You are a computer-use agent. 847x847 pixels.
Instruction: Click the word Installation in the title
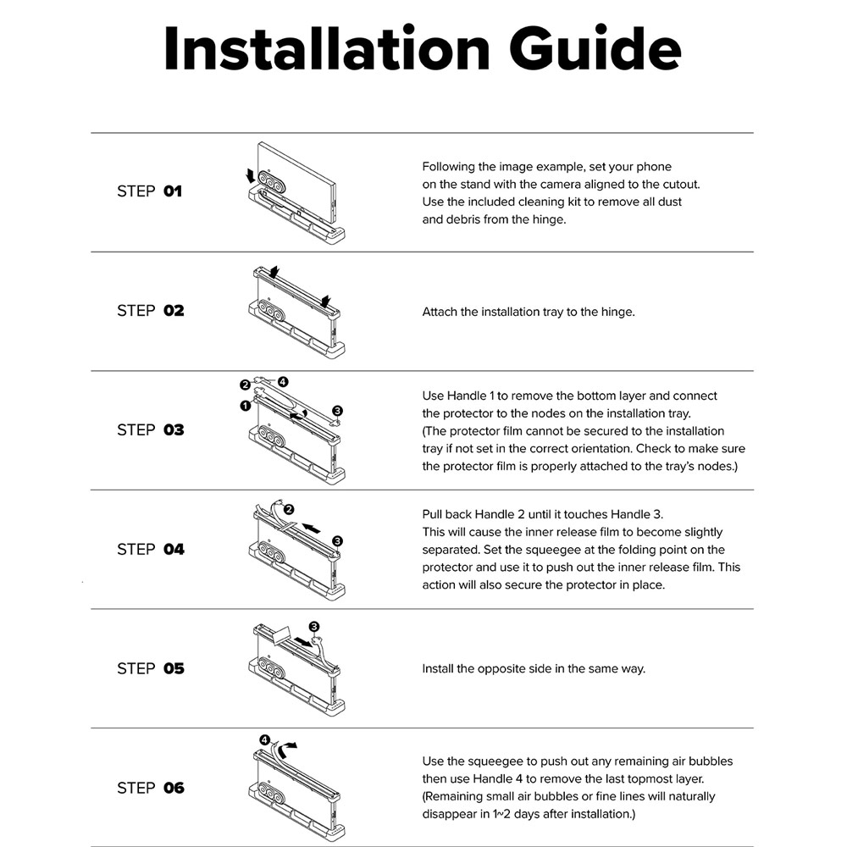click(x=326, y=48)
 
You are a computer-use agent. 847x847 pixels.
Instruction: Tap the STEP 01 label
click(x=149, y=191)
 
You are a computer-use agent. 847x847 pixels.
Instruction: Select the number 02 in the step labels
click(x=174, y=311)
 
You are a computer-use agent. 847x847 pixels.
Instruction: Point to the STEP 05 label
click(x=150, y=669)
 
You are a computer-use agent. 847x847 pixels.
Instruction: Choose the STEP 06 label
click(x=150, y=789)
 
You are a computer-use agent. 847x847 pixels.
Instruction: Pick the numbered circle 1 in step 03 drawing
click(x=245, y=406)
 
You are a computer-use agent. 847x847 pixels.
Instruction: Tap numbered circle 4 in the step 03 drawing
click(x=283, y=382)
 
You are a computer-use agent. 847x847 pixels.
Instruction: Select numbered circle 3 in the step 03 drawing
click(x=337, y=411)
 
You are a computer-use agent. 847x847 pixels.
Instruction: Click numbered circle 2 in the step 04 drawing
click(x=289, y=510)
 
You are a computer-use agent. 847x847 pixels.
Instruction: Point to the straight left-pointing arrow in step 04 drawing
click(x=311, y=528)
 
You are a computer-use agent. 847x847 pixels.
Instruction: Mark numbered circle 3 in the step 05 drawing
click(x=314, y=627)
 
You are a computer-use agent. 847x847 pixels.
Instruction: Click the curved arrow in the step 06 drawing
click(x=289, y=746)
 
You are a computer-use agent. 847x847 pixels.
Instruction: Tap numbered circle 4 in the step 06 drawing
click(x=265, y=739)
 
